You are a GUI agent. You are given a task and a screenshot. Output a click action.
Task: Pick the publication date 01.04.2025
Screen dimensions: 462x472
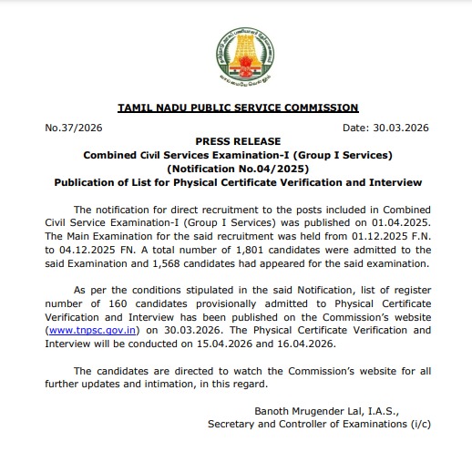click(x=401, y=221)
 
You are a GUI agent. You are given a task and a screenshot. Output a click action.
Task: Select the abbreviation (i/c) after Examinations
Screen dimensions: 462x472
click(x=417, y=425)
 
